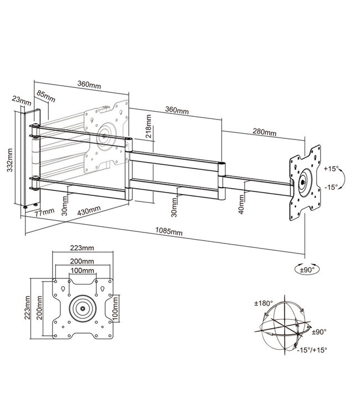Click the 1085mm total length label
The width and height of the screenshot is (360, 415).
pos(168,232)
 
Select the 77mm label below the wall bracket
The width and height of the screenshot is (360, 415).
pos(42,211)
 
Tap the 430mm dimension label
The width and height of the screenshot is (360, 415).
pos(89,211)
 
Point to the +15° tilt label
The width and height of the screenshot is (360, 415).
pos(331,168)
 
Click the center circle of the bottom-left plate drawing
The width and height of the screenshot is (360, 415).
pos(82,308)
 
